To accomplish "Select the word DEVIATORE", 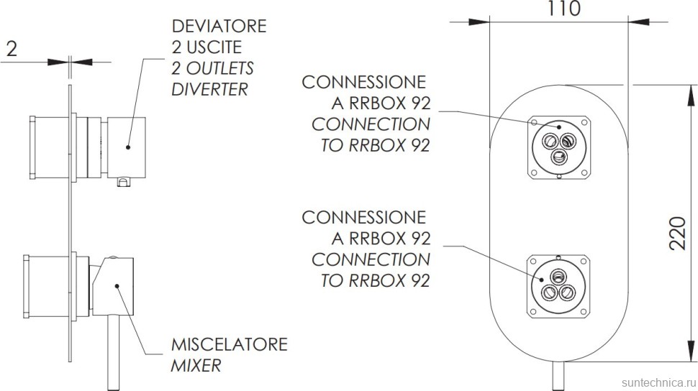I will (219, 27).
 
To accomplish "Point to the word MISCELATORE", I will (229, 344).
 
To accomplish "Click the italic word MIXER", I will (196, 365).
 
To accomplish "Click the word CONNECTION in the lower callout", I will (371, 259).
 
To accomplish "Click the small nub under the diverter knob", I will (123, 183).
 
